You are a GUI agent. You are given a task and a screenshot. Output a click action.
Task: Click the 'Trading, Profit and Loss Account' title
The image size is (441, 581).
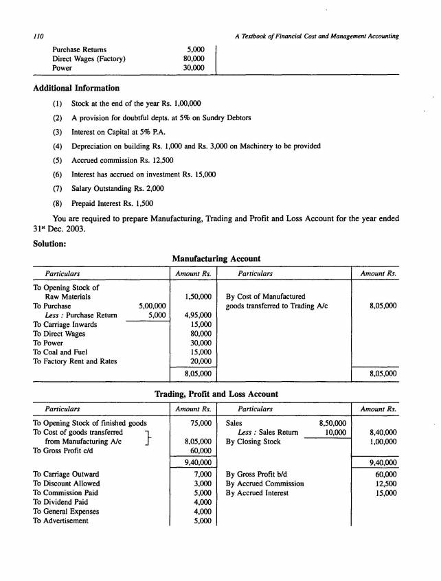[x=217, y=394]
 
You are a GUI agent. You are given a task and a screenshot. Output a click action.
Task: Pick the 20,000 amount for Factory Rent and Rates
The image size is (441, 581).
[x=200, y=361]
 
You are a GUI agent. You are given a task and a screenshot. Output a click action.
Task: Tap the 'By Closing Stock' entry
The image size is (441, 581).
[x=253, y=442]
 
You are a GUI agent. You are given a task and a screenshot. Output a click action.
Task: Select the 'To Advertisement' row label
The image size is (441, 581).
[x=60, y=520]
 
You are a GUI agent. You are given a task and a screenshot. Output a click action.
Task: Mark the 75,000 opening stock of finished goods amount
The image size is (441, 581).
[x=200, y=423]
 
